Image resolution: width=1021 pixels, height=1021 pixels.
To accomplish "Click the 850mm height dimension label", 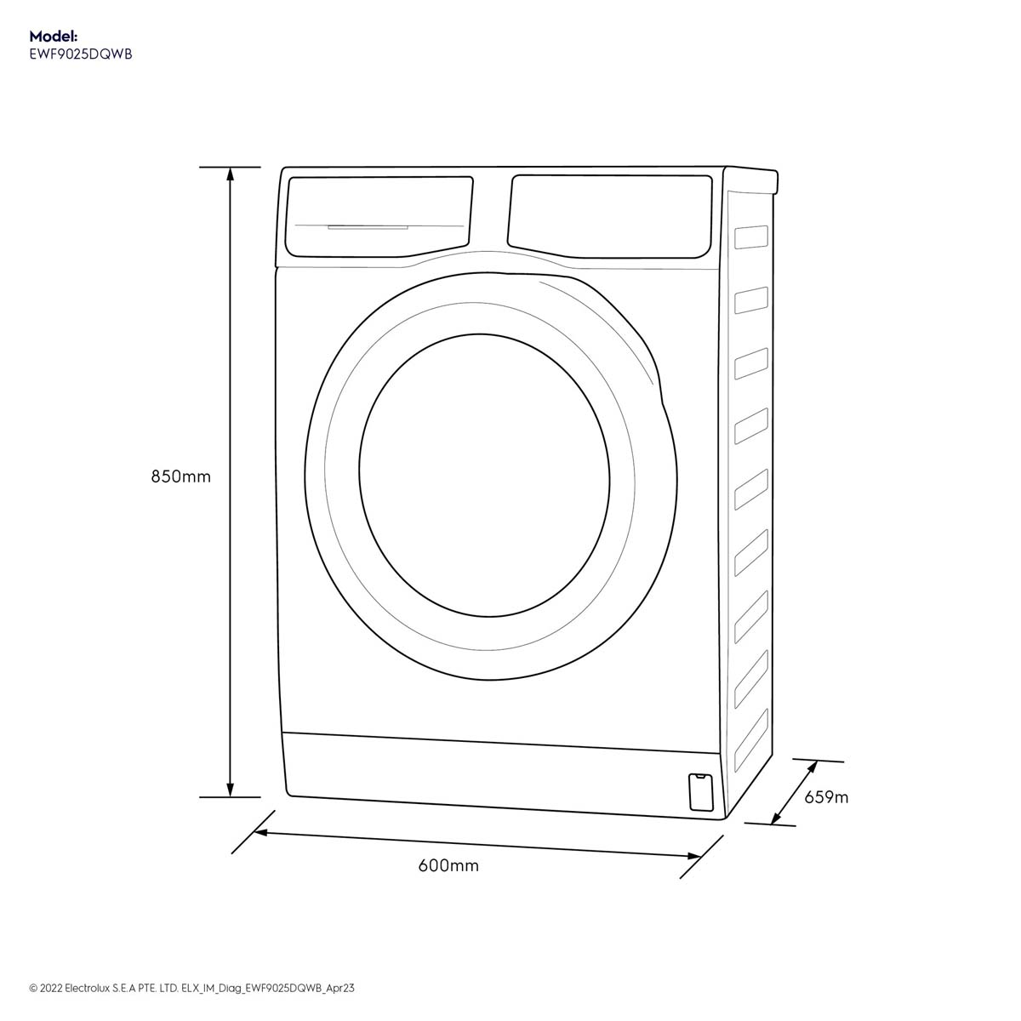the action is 180,476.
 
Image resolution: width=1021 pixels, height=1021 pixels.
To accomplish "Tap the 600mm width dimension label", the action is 448,865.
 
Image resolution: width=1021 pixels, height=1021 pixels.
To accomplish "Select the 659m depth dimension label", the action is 826,797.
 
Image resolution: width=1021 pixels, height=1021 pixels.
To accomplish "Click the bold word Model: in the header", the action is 54,36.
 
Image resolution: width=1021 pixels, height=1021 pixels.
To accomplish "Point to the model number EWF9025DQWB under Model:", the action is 81,54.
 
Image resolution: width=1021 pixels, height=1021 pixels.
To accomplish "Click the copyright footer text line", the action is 191,988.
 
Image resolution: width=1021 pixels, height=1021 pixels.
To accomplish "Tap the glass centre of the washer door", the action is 484,476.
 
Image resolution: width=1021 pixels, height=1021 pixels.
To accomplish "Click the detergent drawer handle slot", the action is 368,227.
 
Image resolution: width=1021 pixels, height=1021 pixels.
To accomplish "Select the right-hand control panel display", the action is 610,217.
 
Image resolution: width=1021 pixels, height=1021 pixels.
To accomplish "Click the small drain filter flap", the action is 700,791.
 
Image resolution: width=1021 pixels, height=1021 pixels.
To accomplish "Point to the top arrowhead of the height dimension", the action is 230,174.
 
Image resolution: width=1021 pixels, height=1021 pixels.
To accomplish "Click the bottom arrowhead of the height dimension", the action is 230,790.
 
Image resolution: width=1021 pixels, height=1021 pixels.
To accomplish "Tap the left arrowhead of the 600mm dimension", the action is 261,834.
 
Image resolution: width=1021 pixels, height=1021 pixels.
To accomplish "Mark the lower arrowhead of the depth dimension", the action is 776,818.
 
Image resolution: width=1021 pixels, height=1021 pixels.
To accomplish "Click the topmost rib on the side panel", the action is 751,237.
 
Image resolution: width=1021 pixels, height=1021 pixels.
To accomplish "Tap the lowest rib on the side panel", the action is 751,739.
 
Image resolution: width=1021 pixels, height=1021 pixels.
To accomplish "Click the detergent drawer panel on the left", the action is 379,217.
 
